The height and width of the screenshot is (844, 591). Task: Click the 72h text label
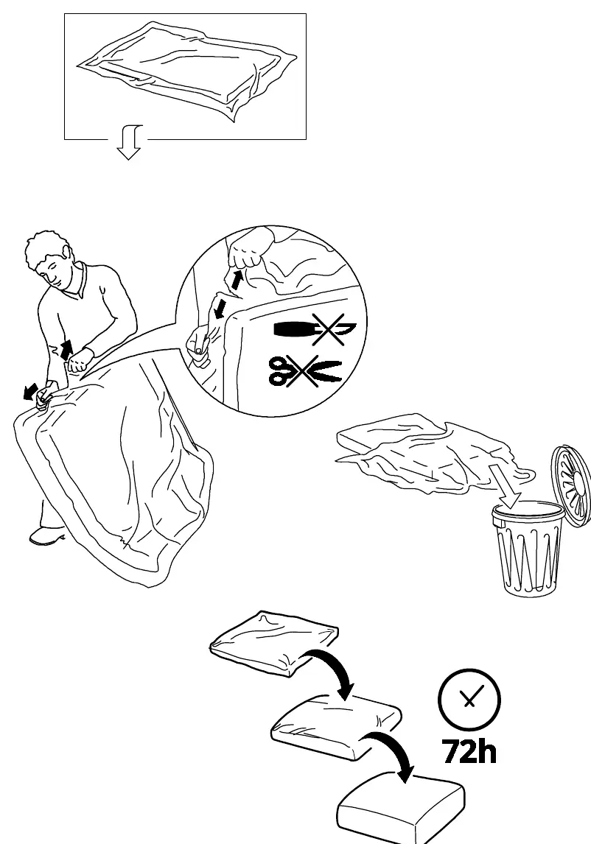[x=469, y=751]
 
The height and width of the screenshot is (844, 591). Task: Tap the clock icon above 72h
[x=469, y=699]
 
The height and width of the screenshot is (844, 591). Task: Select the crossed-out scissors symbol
[x=305, y=370]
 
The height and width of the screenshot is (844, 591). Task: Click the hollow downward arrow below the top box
[x=129, y=143]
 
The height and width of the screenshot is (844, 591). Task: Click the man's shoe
[x=46, y=535]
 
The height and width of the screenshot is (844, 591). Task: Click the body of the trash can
[x=528, y=549]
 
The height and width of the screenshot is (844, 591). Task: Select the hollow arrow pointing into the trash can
[x=504, y=487]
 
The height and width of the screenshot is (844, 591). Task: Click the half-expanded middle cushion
[x=336, y=728]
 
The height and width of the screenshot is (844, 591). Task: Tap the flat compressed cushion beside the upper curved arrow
[x=273, y=643]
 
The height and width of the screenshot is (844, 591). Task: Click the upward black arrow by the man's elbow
[x=66, y=350]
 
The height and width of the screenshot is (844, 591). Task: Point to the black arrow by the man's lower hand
[x=31, y=391]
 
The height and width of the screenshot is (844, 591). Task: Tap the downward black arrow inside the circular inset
[x=219, y=309]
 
